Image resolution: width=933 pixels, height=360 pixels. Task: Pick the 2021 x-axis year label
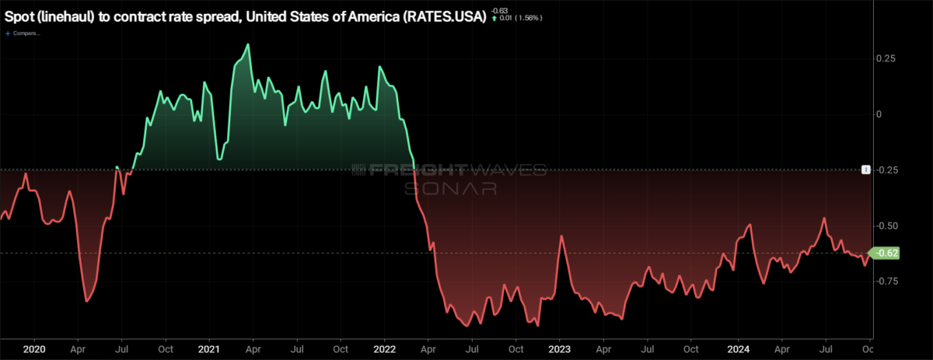click(208, 350)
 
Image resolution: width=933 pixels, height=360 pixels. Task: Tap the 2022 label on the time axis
click(385, 350)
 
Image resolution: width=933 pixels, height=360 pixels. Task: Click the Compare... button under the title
click(25, 33)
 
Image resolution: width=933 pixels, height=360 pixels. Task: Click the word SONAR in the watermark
click(449, 187)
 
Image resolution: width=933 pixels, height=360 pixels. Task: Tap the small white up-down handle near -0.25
click(865, 170)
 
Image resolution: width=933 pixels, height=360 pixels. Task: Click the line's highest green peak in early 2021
click(248, 45)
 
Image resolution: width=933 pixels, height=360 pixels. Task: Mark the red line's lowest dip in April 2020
click(86, 300)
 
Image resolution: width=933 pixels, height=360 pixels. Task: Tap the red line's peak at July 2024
click(823, 218)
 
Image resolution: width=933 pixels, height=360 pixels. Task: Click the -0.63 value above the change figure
click(500, 9)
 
